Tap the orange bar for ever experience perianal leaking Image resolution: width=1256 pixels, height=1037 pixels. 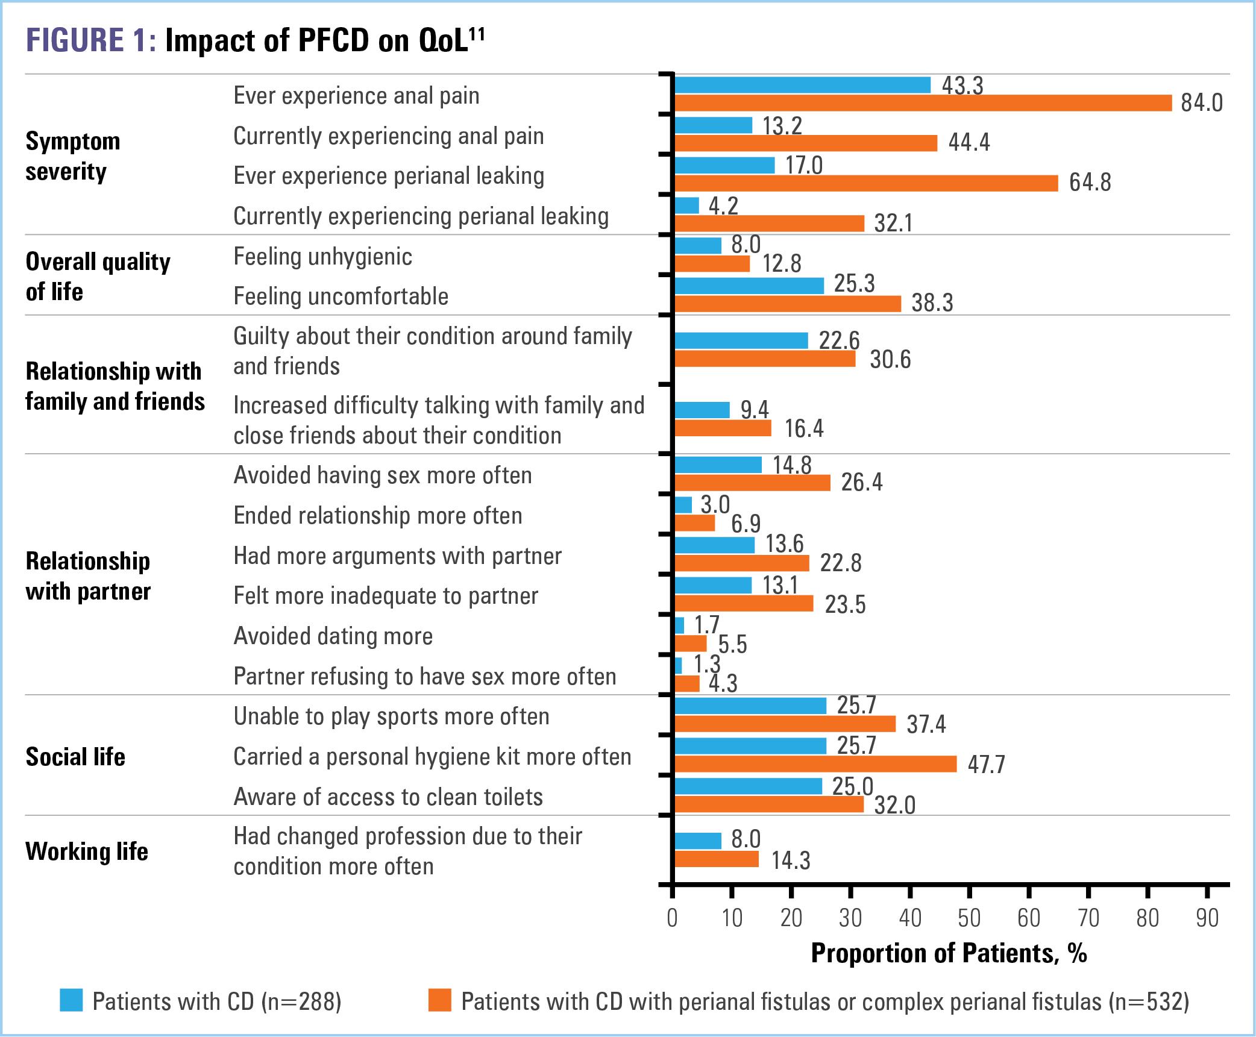pos(865,183)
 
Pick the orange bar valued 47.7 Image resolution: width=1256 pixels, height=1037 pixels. pos(815,764)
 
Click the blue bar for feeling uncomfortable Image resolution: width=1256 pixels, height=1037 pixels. pos(749,286)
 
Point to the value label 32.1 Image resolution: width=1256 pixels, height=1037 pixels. pos(893,224)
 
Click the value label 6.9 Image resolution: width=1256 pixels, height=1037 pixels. pos(746,524)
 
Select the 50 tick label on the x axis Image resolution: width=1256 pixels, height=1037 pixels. pos(969,918)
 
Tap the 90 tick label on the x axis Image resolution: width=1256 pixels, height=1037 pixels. pos(1207,918)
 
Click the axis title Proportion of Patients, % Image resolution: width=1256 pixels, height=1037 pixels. pos(949,953)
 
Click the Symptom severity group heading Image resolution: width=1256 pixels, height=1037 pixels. pos(73,156)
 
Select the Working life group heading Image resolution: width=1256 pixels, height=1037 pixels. pos(87,851)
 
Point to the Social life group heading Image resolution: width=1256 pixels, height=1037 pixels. pos(75,757)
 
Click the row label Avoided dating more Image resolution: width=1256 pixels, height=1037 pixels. pos(333,636)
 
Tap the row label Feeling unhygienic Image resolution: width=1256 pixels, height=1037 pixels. pos(322,257)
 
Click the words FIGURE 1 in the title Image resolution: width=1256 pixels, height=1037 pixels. pos(90,40)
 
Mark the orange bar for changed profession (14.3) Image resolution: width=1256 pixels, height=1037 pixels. pos(716,859)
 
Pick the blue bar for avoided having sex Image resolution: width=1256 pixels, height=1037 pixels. pos(717,465)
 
